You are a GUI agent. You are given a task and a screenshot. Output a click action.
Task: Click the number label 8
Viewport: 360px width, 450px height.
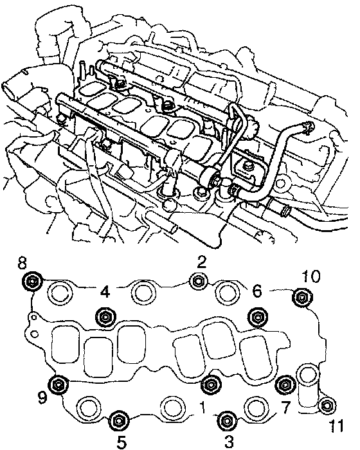22,262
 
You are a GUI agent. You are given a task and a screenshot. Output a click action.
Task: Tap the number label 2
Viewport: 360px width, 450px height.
201,262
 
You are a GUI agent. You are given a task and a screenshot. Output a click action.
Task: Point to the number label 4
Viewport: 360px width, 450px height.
105,292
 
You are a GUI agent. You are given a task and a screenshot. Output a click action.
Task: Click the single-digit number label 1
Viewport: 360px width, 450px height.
203,408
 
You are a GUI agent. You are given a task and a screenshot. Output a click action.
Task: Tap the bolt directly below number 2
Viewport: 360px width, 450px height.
199,281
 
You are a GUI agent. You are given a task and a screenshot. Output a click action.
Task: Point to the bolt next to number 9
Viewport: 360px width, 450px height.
59,384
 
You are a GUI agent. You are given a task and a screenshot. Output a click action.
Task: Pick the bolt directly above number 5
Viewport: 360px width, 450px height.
118,420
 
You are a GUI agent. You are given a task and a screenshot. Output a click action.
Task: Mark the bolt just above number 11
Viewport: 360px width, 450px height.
327,406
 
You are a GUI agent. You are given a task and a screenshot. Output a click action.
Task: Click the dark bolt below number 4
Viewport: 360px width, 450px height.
105,317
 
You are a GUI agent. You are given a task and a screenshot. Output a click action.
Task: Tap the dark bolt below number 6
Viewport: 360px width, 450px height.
257,317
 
